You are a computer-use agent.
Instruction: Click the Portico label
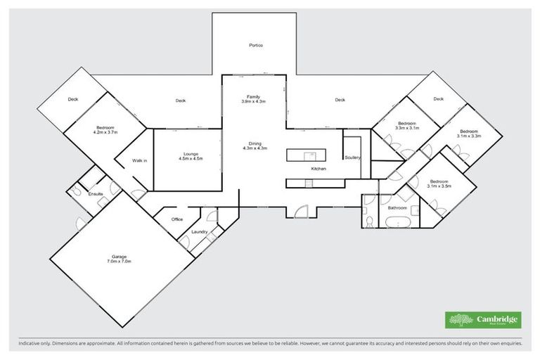click(x=256, y=46)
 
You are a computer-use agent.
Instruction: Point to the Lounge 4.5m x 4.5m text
click(x=191, y=159)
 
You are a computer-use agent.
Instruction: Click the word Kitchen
click(x=319, y=169)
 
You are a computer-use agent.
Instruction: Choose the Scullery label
click(x=352, y=157)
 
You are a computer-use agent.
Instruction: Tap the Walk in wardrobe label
click(x=139, y=161)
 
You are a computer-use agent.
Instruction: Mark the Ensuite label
click(x=96, y=193)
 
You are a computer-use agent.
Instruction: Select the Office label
click(x=177, y=219)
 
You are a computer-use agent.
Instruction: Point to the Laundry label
click(x=199, y=232)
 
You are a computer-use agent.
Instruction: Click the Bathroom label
click(x=397, y=208)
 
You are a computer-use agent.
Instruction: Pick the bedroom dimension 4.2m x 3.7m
click(x=105, y=131)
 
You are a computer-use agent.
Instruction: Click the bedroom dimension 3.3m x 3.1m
click(x=407, y=128)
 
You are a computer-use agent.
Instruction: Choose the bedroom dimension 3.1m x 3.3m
click(x=470, y=135)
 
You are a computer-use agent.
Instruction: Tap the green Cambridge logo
click(x=483, y=320)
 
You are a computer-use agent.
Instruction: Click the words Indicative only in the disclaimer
click(x=35, y=345)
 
